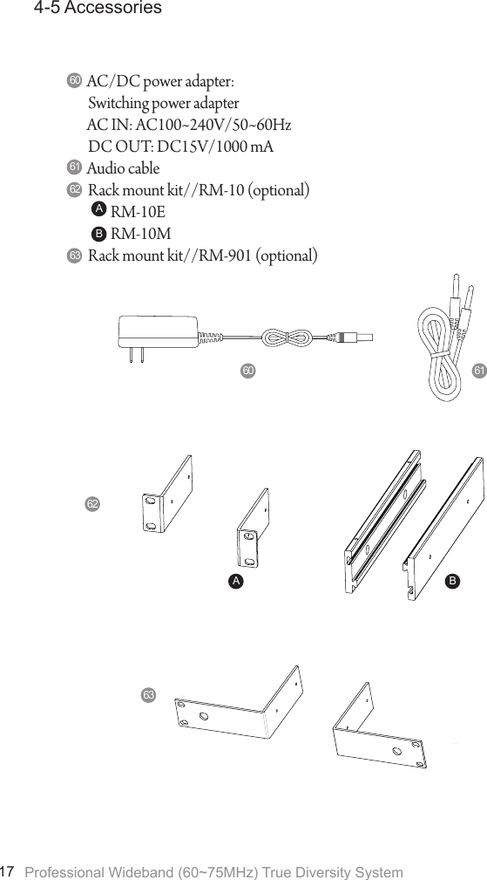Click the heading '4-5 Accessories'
[x=97, y=9]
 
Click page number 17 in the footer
[x=9, y=871]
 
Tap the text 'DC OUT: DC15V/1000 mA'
[x=180, y=146]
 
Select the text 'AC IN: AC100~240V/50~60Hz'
[x=189, y=125]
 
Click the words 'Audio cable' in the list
[x=123, y=167]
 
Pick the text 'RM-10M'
[x=140, y=234]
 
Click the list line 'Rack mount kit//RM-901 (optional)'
[x=202, y=256]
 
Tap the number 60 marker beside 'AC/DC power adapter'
[x=74, y=81]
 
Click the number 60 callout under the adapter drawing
[x=248, y=371]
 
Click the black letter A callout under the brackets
[x=235, y=579]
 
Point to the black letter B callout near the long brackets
[x=450, y=578]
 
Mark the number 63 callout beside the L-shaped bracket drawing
[x=149, y=694]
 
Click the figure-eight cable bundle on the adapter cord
[x=287, y=337]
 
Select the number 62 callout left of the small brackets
[x=92, y=504]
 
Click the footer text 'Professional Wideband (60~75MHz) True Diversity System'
[x=214, y=872]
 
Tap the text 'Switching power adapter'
[x=163, y=104]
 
